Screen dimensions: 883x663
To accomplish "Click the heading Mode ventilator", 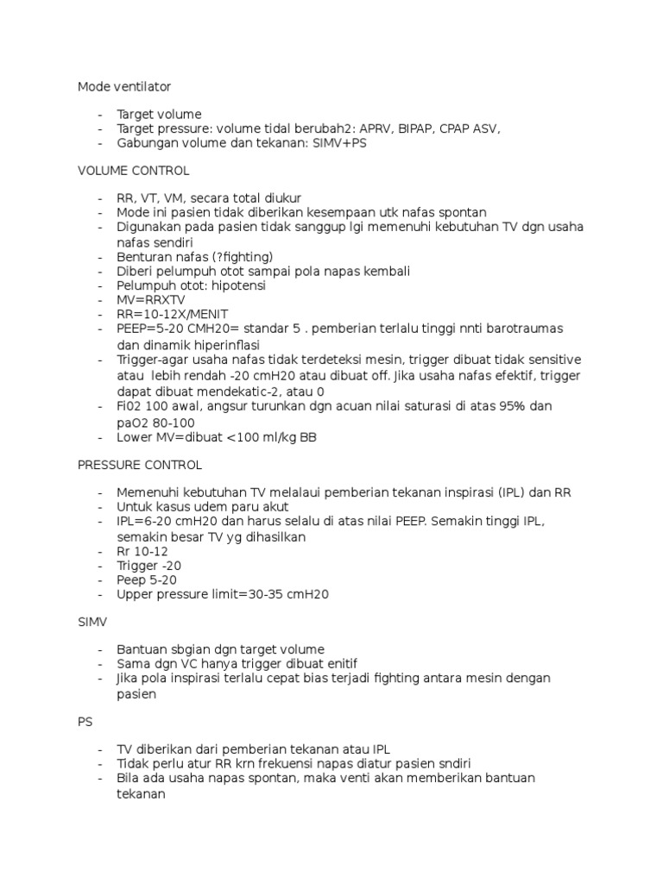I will tap(124, 86).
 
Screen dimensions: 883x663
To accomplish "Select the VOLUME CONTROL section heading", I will tap(133, 171).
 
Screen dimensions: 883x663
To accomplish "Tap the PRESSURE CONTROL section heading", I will tap(139, 465).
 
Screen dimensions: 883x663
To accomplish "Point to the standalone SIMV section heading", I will tap(92, 621).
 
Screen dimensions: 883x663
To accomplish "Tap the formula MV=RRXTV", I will tap(151, 299).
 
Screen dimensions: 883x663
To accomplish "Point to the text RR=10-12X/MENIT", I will tap(173, 314).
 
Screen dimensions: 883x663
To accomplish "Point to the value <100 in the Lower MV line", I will tap(243, 437).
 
